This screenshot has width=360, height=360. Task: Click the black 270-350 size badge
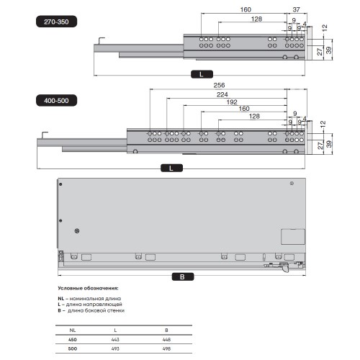click(x=56, y=22)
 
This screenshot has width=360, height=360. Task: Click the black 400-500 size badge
click(x=56, y=100)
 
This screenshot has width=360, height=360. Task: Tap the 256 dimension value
click(x=219, y=85)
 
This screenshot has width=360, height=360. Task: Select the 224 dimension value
click(x=222, y=94)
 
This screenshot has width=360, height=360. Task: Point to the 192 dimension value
click(x=232, y=102)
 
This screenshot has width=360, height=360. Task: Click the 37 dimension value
click(x=296, y=9)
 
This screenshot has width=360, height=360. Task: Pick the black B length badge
click(x=183, y=276)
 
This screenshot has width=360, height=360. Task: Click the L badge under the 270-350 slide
click(x=202, y=74)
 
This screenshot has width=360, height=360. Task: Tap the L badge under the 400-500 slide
click(x=171, y=168)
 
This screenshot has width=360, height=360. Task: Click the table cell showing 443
click(x=115, y=339)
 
